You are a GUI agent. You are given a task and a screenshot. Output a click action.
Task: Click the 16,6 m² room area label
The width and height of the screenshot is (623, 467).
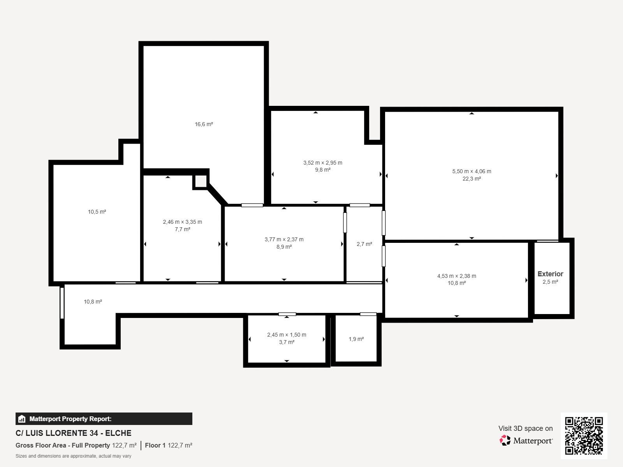(x=204, y=124)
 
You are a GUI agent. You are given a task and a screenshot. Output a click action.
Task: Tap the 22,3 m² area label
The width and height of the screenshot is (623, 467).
(x=472, y=179)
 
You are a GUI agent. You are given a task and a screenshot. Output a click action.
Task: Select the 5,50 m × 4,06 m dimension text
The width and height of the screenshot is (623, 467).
(x=472, y=171)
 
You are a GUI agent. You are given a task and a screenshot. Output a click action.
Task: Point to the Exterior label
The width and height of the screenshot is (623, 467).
(x=550, y=274)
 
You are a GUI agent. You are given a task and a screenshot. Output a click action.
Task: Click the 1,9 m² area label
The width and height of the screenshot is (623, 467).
(x=356, y=339)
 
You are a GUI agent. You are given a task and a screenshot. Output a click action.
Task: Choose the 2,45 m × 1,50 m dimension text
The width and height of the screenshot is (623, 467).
(x=287, y=335)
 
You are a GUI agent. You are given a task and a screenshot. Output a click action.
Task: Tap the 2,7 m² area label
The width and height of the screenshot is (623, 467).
(x=364, y=244)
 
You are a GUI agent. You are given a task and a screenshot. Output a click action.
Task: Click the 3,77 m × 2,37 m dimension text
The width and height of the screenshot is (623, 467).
(x=284, y=240)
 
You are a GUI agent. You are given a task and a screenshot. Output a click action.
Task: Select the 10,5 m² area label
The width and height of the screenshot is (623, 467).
(x=97, y=212)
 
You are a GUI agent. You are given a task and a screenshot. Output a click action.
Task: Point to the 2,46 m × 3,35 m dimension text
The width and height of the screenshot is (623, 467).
(x=183, y=222)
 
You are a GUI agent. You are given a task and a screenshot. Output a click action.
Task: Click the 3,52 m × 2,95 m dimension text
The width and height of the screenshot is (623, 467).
(x=323, y=163)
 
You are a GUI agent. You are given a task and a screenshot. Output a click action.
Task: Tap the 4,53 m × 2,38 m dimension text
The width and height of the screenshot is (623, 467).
(x=457, y=276)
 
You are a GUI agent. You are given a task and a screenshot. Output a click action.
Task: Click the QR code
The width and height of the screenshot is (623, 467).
(x=584, y=435)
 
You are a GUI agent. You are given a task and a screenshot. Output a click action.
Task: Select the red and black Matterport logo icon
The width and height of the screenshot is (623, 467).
(x=505, y=441)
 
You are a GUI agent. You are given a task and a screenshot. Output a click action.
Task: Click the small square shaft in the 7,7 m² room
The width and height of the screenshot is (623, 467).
(x=201, y=181)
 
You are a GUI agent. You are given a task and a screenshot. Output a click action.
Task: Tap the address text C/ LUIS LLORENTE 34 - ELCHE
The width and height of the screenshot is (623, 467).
(x=74, y=433)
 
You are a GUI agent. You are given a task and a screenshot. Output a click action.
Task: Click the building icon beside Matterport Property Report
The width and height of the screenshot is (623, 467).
(x=22, y=419)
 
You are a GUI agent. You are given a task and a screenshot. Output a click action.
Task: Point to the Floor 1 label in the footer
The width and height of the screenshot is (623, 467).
(x=155, y=446)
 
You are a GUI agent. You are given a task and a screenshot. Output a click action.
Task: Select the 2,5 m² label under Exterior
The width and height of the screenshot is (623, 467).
(x=550, y=282)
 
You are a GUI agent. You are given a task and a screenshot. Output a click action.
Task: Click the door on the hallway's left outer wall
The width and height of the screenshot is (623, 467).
(x=62, y=303)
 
